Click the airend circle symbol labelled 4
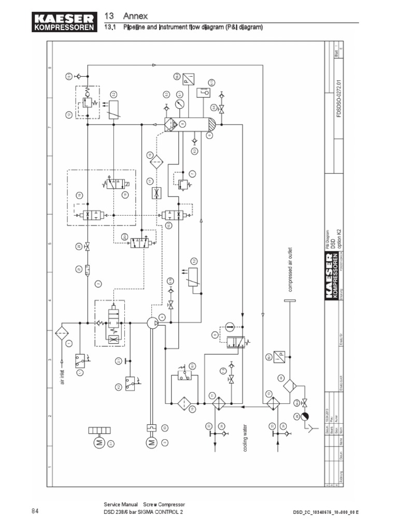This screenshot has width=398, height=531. [x=152, y=323]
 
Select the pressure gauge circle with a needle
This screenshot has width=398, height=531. [x=180, y=104]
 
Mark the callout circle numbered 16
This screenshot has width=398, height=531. [x=150, y=156]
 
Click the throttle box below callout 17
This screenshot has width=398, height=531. [x=154, y=193]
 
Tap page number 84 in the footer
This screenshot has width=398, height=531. [x=35, y=511]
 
